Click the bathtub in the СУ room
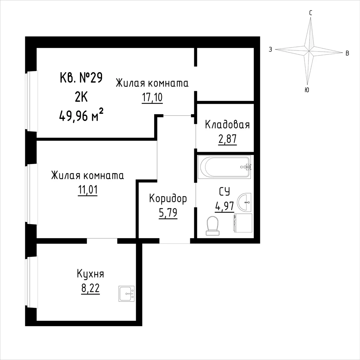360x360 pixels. (226, 167)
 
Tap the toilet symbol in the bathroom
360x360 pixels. (212, 226)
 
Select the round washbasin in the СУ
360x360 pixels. (244, 203)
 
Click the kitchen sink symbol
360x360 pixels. (126, 294)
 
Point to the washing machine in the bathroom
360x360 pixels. (243, 223)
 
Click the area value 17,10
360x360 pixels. (152, 98)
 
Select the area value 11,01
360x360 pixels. (88, 190)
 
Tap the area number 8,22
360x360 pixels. (90, 288)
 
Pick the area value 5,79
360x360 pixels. (168, 213)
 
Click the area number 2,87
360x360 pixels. (227, 139)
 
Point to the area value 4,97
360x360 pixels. (225, 206)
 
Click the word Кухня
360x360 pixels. (90, 274)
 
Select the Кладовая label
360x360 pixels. (227, 125)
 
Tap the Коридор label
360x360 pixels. (168, 199)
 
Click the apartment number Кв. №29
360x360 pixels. (81, 77)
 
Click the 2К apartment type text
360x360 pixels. (81, 97)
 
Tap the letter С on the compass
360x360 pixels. (310, 13)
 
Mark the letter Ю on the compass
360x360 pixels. (307, 90)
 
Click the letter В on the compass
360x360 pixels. (347, 53)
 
